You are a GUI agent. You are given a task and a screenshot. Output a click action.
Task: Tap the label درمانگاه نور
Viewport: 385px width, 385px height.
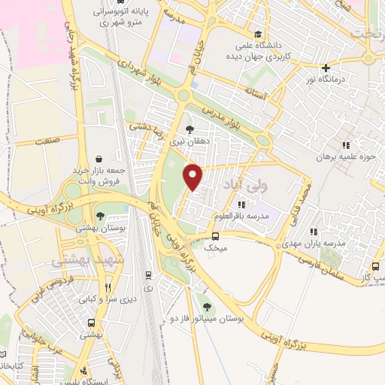click(324, 78)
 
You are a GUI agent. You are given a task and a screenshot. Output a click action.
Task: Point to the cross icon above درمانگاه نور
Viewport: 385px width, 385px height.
click(325, 67)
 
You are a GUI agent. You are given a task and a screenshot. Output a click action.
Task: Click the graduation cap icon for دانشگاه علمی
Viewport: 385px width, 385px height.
click(258, 34)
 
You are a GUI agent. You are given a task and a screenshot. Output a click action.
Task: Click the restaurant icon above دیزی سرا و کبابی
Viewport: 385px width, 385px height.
click(108, 286)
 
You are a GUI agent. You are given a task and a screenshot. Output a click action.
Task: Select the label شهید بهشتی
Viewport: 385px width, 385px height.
click(78, 260)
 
